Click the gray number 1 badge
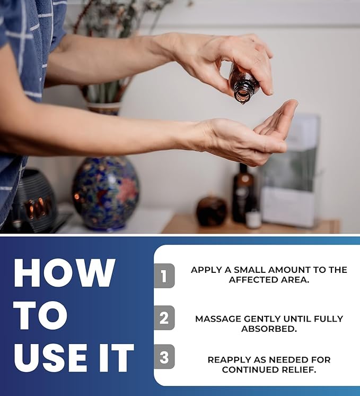coord(164,276)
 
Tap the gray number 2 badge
coord(164,317)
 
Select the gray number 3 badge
coord(164,357)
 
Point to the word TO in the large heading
coord(41,315)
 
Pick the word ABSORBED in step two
coord(269,329)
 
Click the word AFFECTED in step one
coord(253,280)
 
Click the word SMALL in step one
coord(250,270)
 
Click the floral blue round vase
coord(106,193)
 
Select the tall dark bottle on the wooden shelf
coord(243,193)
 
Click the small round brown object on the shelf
coord(212,211)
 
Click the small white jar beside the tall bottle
coord(253,219)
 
